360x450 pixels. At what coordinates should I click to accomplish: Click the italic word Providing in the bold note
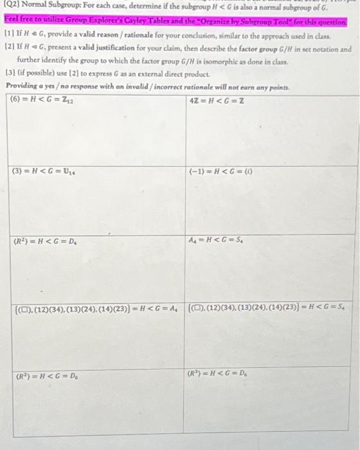pos(21,86)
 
